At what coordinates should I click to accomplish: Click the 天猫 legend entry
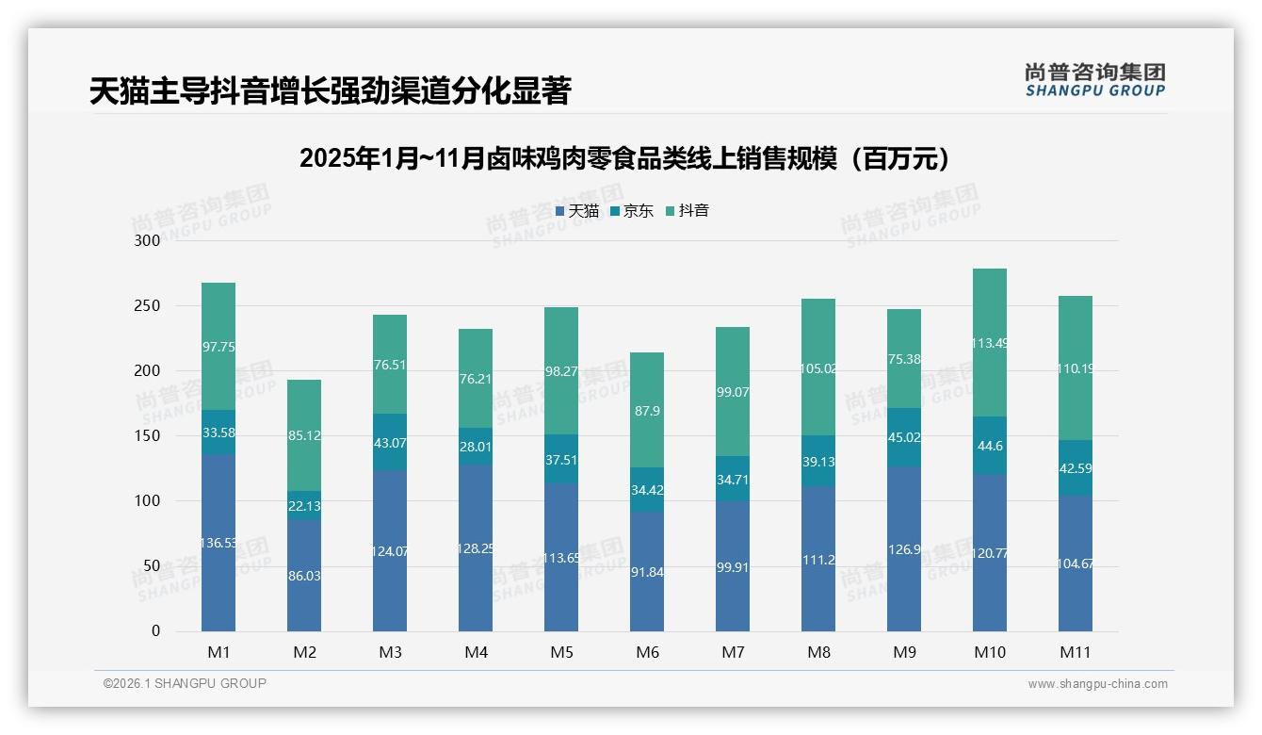pos(577,211)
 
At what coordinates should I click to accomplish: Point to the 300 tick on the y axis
pos(148,240)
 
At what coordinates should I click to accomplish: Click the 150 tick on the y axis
pos(148,436)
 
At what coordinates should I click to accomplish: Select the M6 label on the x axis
pos(647,652)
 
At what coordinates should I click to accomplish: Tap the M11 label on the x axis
pos(1075,652)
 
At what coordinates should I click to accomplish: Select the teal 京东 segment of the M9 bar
pos(904,437)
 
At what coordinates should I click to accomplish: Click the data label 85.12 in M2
pos(304,436)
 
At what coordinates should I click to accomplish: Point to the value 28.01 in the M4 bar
pos(476,447)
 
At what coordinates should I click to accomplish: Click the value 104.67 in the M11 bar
pos(1075,564)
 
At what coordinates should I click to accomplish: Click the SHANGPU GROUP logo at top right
pos(1094,80)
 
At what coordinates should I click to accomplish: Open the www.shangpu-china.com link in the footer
pos(1097,684)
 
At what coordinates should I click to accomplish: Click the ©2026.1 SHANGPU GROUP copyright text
pos(185,683)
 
